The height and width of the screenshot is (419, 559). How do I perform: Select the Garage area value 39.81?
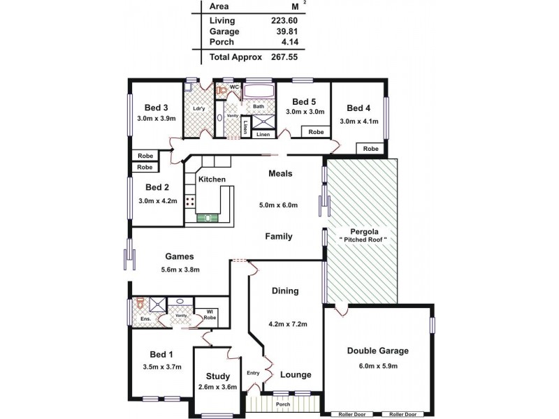point(285,31)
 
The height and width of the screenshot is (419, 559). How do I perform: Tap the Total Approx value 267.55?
point(283,57)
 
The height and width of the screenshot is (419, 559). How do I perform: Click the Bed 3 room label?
point(156,108)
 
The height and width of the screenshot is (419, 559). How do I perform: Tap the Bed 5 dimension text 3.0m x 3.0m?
point(305,112)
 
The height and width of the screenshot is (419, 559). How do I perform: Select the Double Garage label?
point(377,351)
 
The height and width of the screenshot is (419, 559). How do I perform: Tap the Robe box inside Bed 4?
point(370,149)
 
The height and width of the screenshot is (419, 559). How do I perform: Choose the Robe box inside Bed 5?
point(316,132)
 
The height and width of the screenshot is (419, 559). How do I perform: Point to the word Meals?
point(279,174)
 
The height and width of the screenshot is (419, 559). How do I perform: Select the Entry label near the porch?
point(253,373)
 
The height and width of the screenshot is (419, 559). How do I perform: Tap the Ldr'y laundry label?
point(198,109)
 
